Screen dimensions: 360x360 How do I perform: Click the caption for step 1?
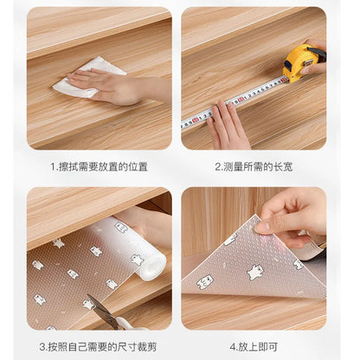click(x=99, y=166)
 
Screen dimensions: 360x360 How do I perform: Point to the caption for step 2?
click(x=254, y=166)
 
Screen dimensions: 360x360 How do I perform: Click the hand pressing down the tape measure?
click(x=228, y=122)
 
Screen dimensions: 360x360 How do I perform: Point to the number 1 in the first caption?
click(x=53, y=166)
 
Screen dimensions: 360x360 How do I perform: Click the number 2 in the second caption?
click(x=218, y=166)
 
